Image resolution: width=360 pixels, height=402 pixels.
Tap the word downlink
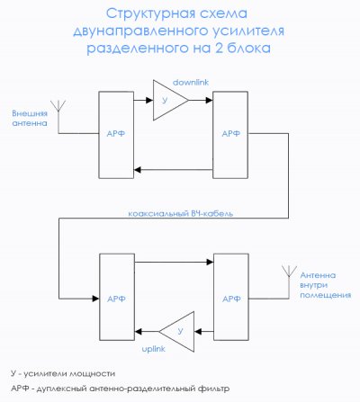[x=191, y=83]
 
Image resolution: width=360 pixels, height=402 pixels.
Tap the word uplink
[x=154, y=349]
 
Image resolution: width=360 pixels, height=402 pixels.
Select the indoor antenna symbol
[x=289, y=281]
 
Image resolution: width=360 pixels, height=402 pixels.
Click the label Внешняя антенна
[x=30, y=118]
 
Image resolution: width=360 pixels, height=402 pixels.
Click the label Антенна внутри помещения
[x=326, y=285]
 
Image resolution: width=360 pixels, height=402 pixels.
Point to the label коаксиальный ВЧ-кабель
[x=181, y=213]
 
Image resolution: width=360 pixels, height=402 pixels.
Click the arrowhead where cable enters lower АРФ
[x=95, y=299]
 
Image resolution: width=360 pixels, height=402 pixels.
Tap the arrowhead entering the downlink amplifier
[x=149, y=100]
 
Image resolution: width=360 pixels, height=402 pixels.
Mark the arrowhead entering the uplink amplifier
[x=198, y=332]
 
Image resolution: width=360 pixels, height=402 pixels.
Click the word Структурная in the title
[x=148, y=13]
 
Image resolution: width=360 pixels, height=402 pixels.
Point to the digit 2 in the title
[x=219, y=48]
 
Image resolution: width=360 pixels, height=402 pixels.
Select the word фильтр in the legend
[x=213, y=389]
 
